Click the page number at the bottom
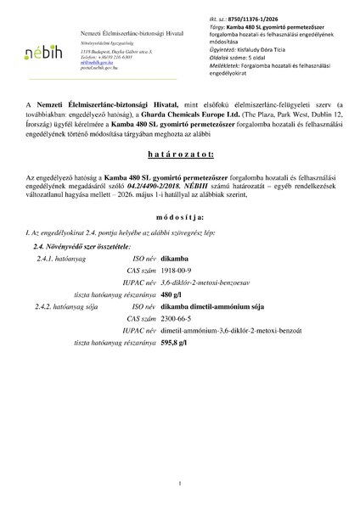click(180, 483)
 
